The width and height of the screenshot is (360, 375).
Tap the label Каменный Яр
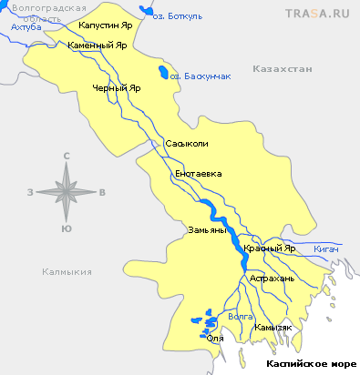tap(97, 46)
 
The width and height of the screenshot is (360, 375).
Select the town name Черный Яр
tap(117, 88)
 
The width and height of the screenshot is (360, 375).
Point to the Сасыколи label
tap(187, 144)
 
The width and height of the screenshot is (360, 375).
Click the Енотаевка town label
tap(198, 173)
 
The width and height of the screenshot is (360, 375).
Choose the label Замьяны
tap(206, 229)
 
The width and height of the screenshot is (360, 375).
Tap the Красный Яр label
tap(272, 248)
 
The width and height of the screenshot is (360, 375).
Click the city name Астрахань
tap(273, 278)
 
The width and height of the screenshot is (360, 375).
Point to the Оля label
tap(215, 339)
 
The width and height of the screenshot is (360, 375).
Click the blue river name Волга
tap(240, 317)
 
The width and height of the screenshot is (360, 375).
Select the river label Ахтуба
tap(26, 27)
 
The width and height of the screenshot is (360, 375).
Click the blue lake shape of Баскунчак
tap(162, 73)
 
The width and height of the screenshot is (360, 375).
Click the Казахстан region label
tap(283, 69)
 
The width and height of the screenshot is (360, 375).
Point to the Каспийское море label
tap(311, 363)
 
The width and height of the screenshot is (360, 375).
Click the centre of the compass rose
tap(67, 191)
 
